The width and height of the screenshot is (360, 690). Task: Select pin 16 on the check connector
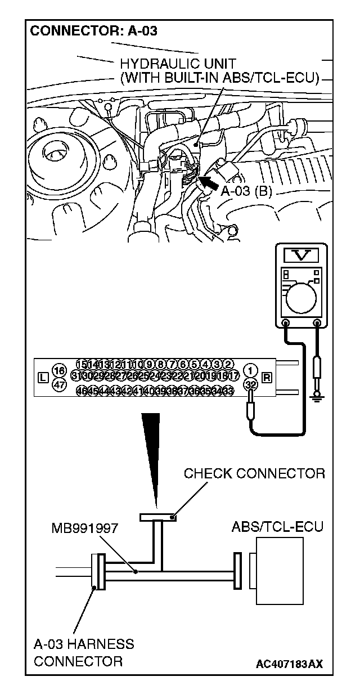point(58,370)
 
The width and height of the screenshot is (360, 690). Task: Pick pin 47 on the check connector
point(58,384)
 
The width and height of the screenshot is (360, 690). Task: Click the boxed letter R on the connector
point(266,377)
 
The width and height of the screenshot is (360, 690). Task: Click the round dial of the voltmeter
point(301,295)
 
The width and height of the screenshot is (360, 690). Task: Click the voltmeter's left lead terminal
point(286,324)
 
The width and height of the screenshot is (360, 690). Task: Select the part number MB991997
point(84,528)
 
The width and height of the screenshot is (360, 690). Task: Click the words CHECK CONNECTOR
point(254,473)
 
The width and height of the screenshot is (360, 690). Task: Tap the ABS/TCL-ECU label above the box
point(277,527)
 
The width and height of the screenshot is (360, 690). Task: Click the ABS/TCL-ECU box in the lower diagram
point(279,571)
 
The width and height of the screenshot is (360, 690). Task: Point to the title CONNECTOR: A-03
point(93,32)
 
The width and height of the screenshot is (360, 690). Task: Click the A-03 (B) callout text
point(246,191)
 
